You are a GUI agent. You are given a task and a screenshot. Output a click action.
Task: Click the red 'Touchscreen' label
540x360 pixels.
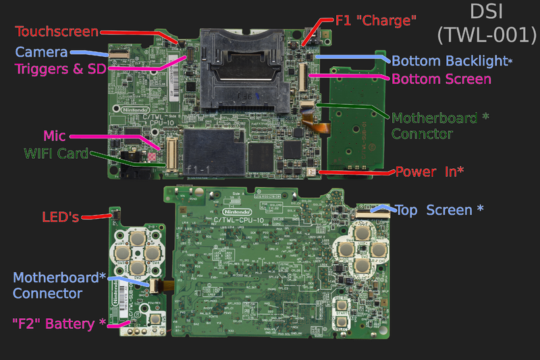point(57,32)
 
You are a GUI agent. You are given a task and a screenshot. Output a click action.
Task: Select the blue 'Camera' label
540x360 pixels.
point(42,51)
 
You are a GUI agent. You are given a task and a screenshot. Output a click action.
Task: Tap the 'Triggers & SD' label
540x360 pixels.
point(59,68)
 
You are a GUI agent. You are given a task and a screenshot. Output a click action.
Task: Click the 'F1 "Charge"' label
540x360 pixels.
point(376,21)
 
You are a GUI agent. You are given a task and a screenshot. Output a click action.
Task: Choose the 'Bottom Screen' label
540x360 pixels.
point(441,78)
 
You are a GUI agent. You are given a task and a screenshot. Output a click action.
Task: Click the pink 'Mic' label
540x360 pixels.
point(54,136)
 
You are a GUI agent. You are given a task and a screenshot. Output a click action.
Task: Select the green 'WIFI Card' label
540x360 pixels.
point(55,154)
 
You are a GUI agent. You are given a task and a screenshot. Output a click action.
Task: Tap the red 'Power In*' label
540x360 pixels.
point(429,172)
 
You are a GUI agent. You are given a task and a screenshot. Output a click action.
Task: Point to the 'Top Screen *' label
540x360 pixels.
point(438,210)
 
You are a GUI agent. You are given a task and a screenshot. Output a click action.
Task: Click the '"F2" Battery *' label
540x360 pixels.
point(59,324)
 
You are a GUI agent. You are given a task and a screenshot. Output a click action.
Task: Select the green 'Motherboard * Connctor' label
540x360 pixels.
point(439,125)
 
